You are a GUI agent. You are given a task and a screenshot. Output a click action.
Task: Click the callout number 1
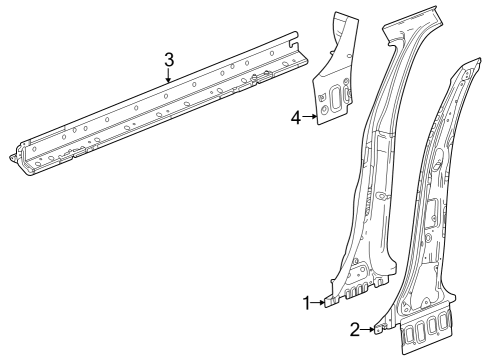[307, 302]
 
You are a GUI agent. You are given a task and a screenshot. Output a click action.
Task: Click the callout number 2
[354, 328]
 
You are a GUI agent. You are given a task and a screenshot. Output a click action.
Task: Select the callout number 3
[169, 59]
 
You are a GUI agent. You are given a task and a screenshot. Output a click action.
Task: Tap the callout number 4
[296, 119]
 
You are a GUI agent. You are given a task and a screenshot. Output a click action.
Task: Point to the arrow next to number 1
[319, 301]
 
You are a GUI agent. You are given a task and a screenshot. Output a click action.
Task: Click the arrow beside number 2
[367, 327]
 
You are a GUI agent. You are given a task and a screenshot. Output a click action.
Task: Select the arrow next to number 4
[309, 119]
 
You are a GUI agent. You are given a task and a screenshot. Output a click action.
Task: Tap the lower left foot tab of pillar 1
[330, 301]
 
